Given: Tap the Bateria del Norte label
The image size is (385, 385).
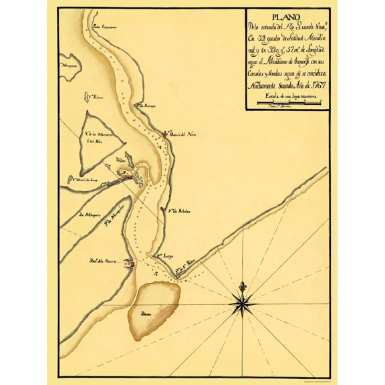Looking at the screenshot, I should [182, 134].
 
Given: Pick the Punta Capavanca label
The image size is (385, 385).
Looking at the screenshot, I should [106, 27].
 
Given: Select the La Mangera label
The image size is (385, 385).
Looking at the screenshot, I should [90, 215].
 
